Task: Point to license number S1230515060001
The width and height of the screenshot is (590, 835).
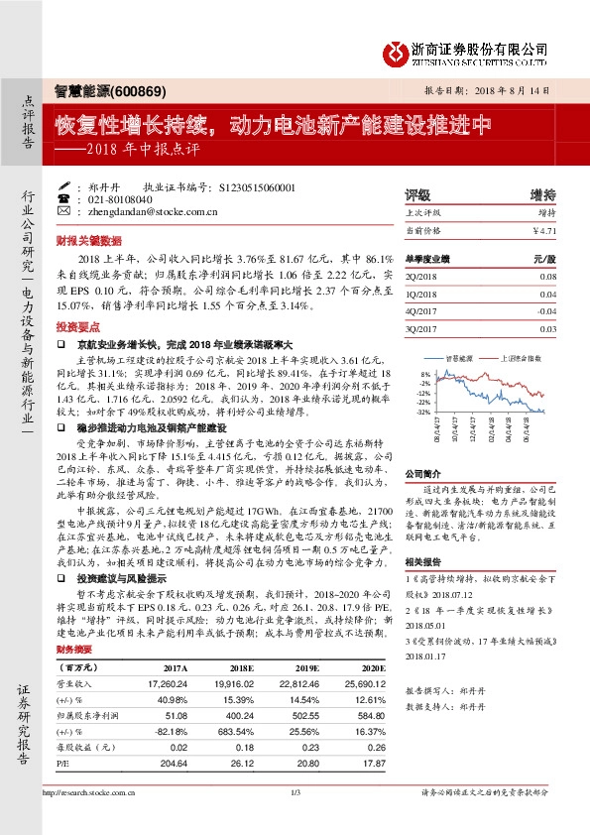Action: point(256,185)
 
